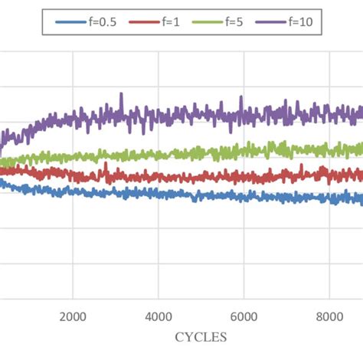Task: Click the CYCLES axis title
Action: tap(201, 336)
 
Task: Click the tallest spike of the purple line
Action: tap(120, 95)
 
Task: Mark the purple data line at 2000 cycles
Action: tap(73, 119)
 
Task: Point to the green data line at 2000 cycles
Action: tap(73, 157)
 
